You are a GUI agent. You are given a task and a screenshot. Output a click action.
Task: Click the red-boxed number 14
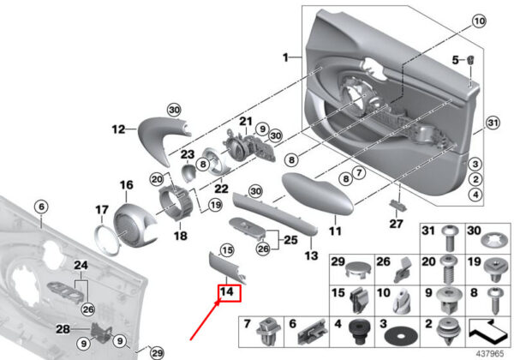pyautogui.click(x=227, y=291)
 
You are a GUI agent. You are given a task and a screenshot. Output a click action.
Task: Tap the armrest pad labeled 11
pyautogui.click(x=317, y=194)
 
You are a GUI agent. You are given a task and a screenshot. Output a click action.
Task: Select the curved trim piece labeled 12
pyautogui.click(x=163, y=139)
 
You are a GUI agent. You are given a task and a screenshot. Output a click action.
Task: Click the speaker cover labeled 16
pyautogui.click(x=134, y=225)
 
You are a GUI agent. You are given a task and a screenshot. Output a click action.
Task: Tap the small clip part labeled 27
pyautogui.click(x=397, y=205)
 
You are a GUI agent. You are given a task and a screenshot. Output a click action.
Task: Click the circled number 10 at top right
pyautogui.click(x=479, y=21)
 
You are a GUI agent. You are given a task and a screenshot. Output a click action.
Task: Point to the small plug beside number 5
pyautogui.click(x=470, y=60)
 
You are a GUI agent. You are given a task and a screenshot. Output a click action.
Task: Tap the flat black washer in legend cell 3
pyautogui.click(x=401, y=336)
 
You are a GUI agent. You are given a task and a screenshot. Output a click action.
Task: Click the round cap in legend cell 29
pyautogui.click(x=359, y=270)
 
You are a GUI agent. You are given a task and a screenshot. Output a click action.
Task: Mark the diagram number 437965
pyautogui.click(x=489, y=354)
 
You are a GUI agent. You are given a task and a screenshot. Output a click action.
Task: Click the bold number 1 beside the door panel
pyautogui.click(x=285, y=57)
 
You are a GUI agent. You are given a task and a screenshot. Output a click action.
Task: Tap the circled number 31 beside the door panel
pyautogui.click(x=493, y=123)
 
